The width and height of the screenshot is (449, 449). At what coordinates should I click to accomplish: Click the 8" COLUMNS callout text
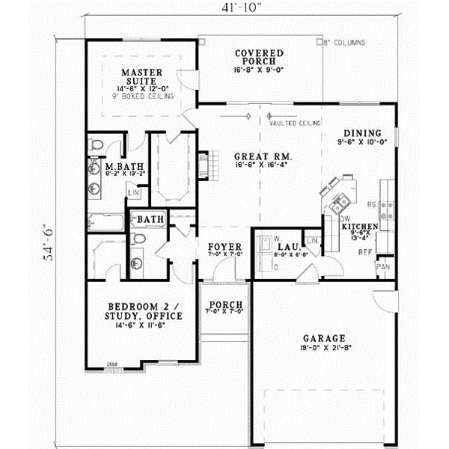point(346,43)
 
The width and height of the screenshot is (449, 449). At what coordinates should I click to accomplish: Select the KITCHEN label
point(359,225)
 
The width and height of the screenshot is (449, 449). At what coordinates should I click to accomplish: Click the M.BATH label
point(119,166)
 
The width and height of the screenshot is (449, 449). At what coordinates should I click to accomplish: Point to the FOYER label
point(223,245)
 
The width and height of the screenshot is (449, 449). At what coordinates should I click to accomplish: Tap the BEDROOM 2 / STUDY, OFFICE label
point(144,311)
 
